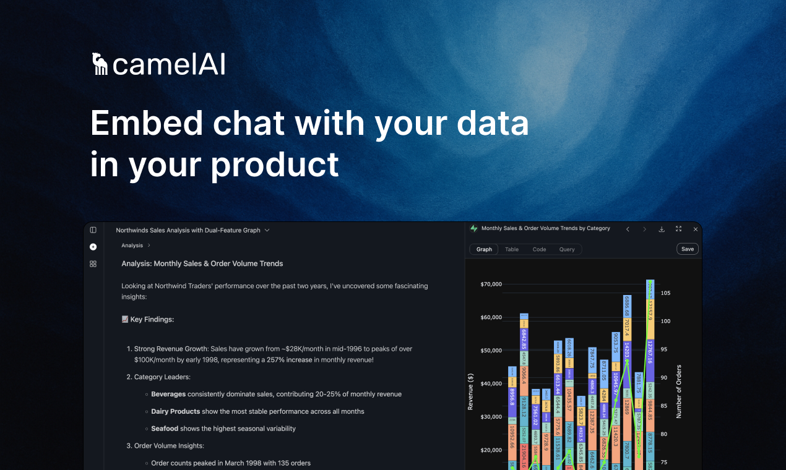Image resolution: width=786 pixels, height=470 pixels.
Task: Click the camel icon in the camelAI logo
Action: [100, 64]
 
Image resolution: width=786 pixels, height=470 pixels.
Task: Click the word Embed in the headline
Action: [147, 122]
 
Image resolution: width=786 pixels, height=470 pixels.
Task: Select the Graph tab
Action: [485, 249]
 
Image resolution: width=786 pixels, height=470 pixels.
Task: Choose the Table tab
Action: [512, 249]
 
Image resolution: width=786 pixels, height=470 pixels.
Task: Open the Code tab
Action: [539, 249]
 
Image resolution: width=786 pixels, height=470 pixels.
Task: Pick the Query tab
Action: [567, 249]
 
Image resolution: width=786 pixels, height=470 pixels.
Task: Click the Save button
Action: [687, 249]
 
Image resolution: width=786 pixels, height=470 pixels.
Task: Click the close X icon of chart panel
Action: [695, 229]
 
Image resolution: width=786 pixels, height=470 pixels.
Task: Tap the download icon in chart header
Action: [662, 229]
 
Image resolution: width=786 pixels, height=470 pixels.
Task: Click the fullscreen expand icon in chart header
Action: [678, 229]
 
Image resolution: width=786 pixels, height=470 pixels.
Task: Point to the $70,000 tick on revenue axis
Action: [491, 284]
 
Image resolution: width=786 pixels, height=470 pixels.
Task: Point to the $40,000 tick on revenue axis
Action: [491, 384]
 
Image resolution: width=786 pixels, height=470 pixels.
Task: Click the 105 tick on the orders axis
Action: [665, 293]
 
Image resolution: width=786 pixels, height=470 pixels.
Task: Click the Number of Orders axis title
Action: [679, 391]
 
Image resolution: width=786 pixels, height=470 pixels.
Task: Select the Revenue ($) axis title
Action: [471, 391]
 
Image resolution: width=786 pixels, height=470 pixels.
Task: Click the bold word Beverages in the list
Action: [168, 394]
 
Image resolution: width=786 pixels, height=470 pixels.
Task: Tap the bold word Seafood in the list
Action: [165, 429]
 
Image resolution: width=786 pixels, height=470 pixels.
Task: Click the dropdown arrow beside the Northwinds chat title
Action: [267, 230]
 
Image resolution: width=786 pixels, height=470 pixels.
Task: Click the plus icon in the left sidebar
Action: [93, 247]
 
